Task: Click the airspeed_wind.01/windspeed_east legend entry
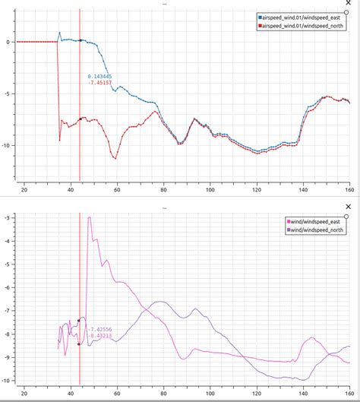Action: click(x=304, y=16)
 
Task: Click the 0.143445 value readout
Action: click(x=99, y=77)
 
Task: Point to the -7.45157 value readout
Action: click(x=99, y=84)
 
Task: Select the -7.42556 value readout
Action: click(x=101, y=327)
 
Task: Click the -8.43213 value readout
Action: click(x=101, y=334)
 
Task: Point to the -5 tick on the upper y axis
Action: click(x=7, y=94)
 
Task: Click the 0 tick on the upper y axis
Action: click(x=8, y=42)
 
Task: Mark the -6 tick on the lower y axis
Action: click(x=7, y=288)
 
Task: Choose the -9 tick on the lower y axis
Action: click(x=7, y=357)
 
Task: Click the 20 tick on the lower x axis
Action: click(x=24, y=394)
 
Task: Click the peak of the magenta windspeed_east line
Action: click(x=90, y=218)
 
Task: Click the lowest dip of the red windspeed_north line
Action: click(x=115, y=158)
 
